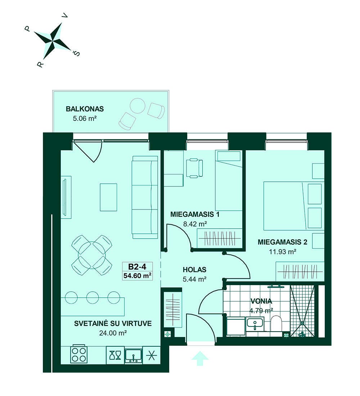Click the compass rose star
click(53, 40)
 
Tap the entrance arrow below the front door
click(200, 358)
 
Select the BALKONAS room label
click(85, 109)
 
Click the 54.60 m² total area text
click(138, 275)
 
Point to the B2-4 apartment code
click(137, 266)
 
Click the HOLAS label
click(194, 270)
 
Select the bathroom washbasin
click(255, 324)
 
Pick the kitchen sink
click(134, 356)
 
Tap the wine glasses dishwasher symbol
click(115, 355)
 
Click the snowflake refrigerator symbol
click(152, 355)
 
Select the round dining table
click(92, 255)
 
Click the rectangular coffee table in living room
click(108, 197)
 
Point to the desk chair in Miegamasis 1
click(194, 168)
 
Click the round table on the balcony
click(138, 106)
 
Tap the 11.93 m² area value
click(283, 252)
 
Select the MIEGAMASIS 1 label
click(195, 215)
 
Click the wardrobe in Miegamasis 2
click(300, 271)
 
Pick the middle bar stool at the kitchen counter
click(93, 297)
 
